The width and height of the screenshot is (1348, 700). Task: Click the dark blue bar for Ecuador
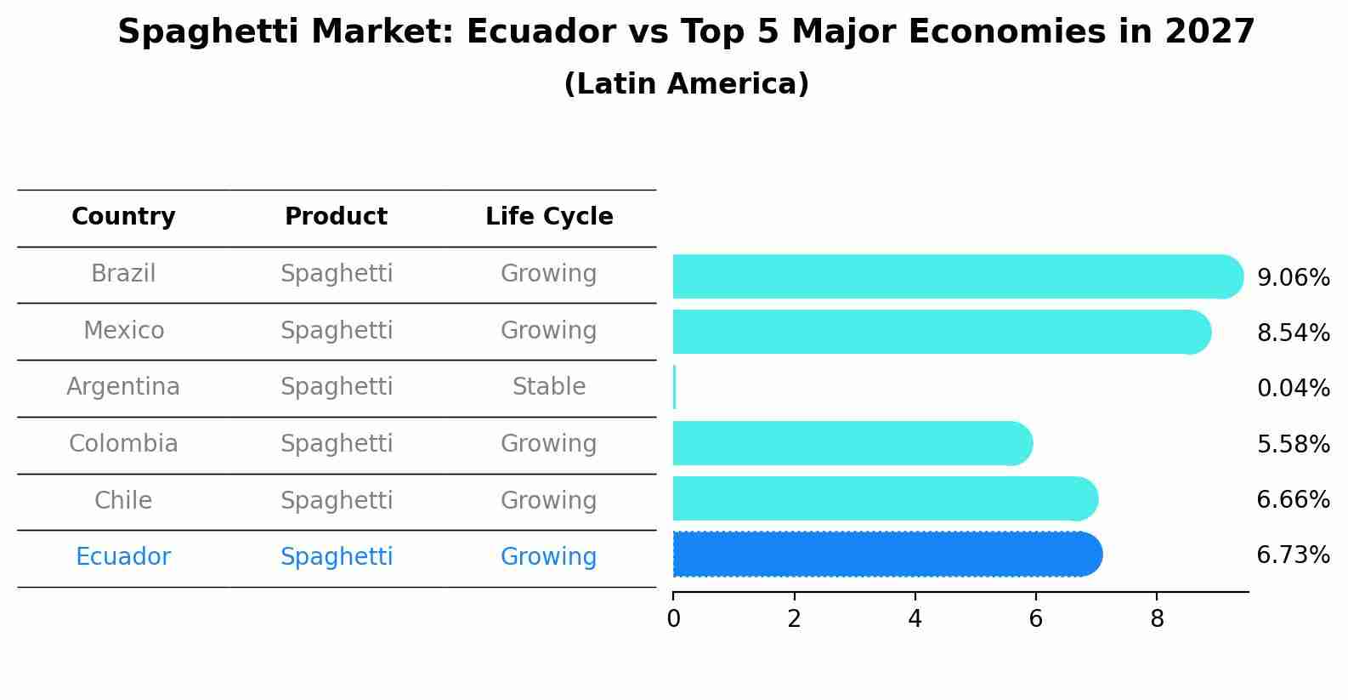tap(884, 555)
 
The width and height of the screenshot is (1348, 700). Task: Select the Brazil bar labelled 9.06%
tap(952, 276)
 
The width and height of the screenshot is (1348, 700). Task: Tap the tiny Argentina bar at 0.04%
tap(674, 388)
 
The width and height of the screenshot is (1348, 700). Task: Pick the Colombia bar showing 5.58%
tap(850, 443)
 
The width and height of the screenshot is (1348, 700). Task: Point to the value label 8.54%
tap(1293, 333)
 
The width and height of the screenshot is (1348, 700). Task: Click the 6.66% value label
tap(1293, 499)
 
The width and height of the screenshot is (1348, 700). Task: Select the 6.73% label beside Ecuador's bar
tap(1293, 555)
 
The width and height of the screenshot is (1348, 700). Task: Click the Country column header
tap(123, 217)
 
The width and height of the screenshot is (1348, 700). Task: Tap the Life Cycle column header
tap(549, 217)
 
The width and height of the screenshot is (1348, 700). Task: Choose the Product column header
tap(336, 217)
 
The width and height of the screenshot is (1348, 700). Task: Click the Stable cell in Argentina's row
tap(549, 387)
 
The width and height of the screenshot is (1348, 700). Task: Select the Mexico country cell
tap(123, 330)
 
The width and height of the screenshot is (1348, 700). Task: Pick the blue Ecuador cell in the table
tap(123, 557)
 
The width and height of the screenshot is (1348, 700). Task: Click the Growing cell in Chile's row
tap(549, 500)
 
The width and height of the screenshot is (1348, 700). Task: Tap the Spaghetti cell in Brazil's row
tap(337, 274)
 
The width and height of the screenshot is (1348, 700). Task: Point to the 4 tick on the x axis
tap(915, 619)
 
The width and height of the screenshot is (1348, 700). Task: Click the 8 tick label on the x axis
tap(1157, 619)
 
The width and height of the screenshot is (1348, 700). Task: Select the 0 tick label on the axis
tap(673, 619)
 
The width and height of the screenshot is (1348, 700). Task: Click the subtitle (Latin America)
tap(686, 84)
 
